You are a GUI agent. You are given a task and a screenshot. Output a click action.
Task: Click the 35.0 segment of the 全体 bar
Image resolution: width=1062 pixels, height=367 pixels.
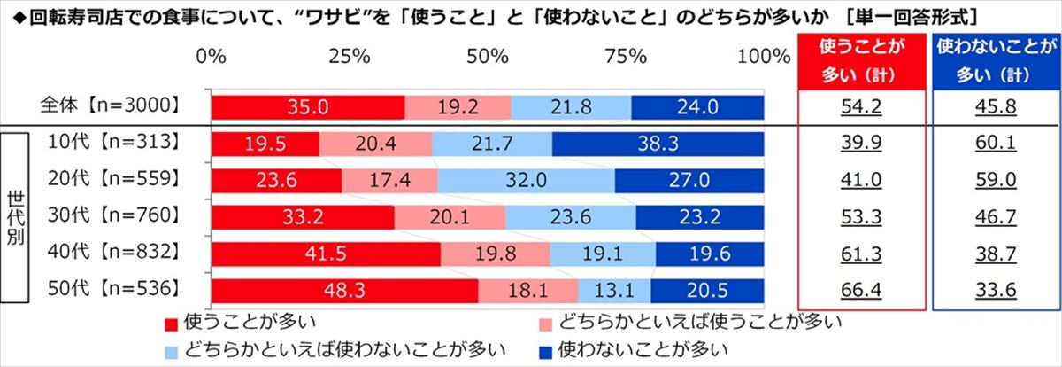308,107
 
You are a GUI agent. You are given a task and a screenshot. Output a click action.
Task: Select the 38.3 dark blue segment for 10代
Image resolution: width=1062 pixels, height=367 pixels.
658,144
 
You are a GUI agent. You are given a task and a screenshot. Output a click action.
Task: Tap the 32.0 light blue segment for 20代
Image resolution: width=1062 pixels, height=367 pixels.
527,181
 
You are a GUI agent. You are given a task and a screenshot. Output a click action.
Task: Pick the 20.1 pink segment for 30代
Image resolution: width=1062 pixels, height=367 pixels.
450,217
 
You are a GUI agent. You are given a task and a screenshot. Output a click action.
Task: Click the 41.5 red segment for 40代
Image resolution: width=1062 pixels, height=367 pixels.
327,254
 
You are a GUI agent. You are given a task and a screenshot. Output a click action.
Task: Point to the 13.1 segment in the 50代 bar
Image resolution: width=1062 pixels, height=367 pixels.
614,291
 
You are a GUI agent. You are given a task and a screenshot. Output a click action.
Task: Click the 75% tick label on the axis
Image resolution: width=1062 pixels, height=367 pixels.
626,57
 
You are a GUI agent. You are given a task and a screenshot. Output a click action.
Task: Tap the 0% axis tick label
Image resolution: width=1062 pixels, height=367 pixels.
211,57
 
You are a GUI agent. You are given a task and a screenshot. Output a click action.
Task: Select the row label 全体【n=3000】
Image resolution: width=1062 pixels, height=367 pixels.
111,105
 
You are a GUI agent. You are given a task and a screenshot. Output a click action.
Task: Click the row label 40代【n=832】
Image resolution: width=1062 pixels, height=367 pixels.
114,251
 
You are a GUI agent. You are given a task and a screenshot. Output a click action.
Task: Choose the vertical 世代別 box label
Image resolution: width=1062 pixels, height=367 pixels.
15,218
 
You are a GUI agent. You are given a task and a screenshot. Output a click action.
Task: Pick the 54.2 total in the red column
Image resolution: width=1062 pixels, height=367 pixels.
861,107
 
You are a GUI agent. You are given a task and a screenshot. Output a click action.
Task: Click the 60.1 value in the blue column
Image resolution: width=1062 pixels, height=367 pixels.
996,144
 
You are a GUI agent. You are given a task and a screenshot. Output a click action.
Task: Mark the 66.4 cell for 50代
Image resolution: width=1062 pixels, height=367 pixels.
861,290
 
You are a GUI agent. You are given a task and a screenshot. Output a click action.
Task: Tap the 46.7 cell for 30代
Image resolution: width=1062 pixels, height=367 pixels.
996,217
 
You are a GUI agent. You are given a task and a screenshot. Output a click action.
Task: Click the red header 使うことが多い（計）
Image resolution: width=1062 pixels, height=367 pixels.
861,61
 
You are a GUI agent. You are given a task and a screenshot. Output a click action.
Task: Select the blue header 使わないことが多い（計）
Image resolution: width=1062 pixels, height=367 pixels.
997,61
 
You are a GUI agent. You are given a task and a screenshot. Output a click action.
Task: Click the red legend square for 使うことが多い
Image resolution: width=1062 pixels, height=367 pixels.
171,324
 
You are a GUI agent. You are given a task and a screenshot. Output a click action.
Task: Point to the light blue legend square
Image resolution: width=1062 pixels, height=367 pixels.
171,352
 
